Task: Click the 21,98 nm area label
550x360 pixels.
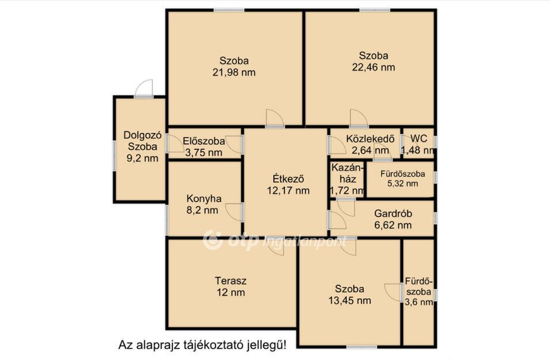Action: [234, 72]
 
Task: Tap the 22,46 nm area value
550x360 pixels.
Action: [374, 67]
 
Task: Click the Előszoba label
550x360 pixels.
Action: [204, 141]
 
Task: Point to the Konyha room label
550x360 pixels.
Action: [204, 199]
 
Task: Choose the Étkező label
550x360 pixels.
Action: [288, 179]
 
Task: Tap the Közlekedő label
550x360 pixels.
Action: [370, 138]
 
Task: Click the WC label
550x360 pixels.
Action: [419, 138]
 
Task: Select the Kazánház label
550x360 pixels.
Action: [346, 173]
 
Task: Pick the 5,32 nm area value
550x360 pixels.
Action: [402, 183]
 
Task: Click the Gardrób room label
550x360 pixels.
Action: [393, 213]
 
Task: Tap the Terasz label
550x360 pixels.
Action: [231, 281]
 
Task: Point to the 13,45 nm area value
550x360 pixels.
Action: [350, 301]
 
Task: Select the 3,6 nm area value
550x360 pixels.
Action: [419, 302]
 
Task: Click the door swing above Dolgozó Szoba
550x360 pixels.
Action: [144, 88]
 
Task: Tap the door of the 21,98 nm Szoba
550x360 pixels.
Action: [275, 118]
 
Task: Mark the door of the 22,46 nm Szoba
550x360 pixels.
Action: [359, 118]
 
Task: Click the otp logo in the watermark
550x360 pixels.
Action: [231, 241]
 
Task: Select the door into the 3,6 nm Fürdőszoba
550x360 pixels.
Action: [394, 292]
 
